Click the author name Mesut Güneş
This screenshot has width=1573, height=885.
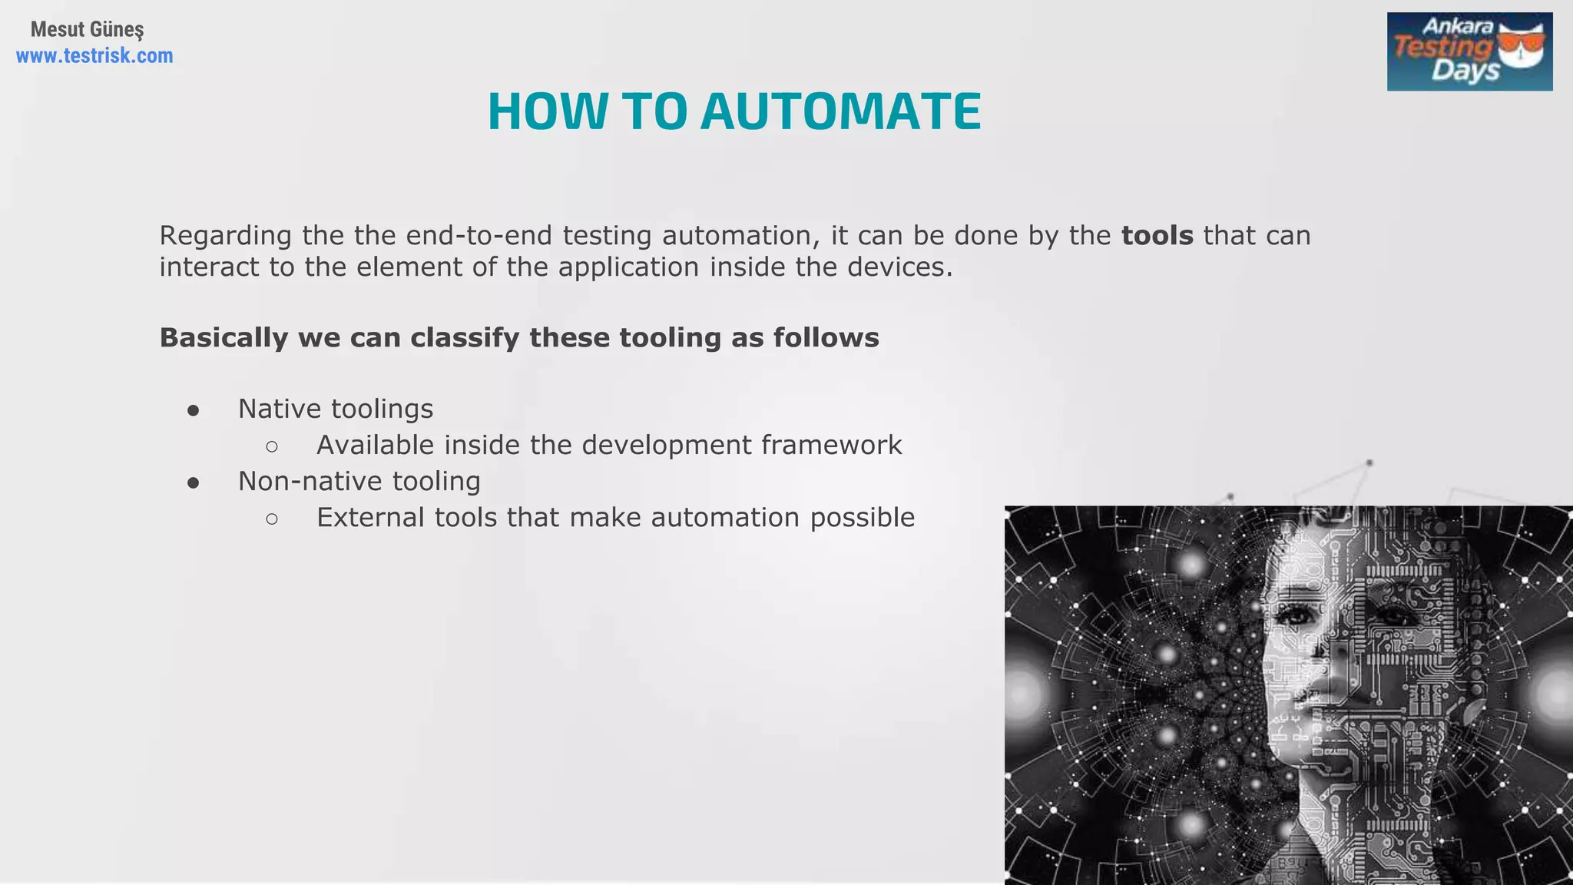pyautogui.click(x=87, y=30)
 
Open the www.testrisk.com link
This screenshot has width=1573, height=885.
pyautogui.click(x=94, y=56)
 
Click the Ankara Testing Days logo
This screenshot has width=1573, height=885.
pyautogui.click(x=1469, y=51)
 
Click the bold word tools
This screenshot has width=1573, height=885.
pyautogui.click(x=1157, y=235)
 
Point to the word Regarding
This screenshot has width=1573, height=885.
pyautogui.click(x=225, y=235)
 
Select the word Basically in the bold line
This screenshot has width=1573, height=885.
pyautogui.click(x=224, y=338)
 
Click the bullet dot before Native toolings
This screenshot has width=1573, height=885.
pyautogui.click(x=194, y=410)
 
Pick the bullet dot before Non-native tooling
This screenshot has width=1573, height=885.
pyautogui.click(x=194, y=482)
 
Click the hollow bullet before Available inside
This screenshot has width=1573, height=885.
pyautogui.click(x=272, y=446)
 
